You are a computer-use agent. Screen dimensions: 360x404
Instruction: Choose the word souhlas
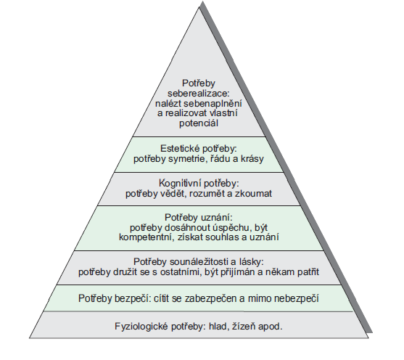218,238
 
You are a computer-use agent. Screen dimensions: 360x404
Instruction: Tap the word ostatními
184,272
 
